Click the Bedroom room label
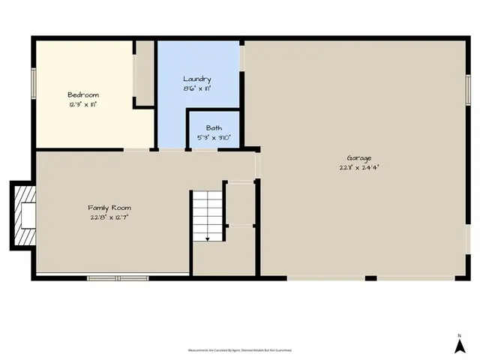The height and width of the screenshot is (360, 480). point(82,94)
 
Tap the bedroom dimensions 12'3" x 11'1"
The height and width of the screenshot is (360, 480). point(82,104)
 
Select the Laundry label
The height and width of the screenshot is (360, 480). point(197,79)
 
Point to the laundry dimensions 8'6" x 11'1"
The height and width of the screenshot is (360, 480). point(197,88)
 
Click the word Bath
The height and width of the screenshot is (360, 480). point(214,128)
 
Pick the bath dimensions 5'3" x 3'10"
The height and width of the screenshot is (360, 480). point(214,138)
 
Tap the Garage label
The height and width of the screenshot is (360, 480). point(359,158)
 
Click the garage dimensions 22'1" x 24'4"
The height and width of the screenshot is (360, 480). point(359,168)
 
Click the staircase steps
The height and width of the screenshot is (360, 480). point(207,213)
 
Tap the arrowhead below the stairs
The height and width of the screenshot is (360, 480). point(207,238)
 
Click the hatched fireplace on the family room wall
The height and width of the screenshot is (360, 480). point(22,215)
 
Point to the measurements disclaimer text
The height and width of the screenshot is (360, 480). point(239,350)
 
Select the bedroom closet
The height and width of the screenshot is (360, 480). point(144,73)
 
